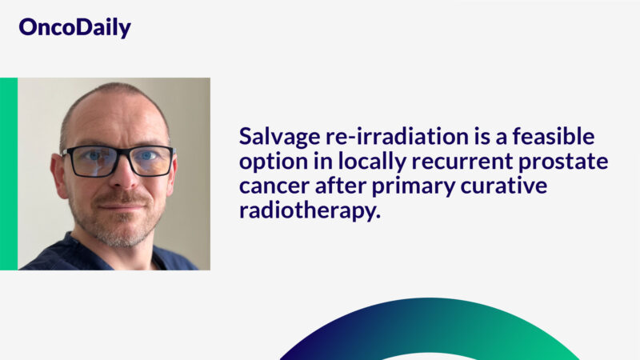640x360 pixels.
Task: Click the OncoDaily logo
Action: click(x=74, y=28)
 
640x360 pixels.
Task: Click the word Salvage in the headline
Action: click(x=276, y=137)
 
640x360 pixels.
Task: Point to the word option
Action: click(x=268, y=162)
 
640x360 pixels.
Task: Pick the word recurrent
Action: click(x=450, y=162)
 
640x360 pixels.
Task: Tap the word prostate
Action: click(x=563, y=162)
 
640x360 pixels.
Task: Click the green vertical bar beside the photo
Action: click(x=8, y=174)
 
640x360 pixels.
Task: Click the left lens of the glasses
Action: click(x=90, y=161)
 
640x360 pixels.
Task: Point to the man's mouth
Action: click(x=119, y=206)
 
